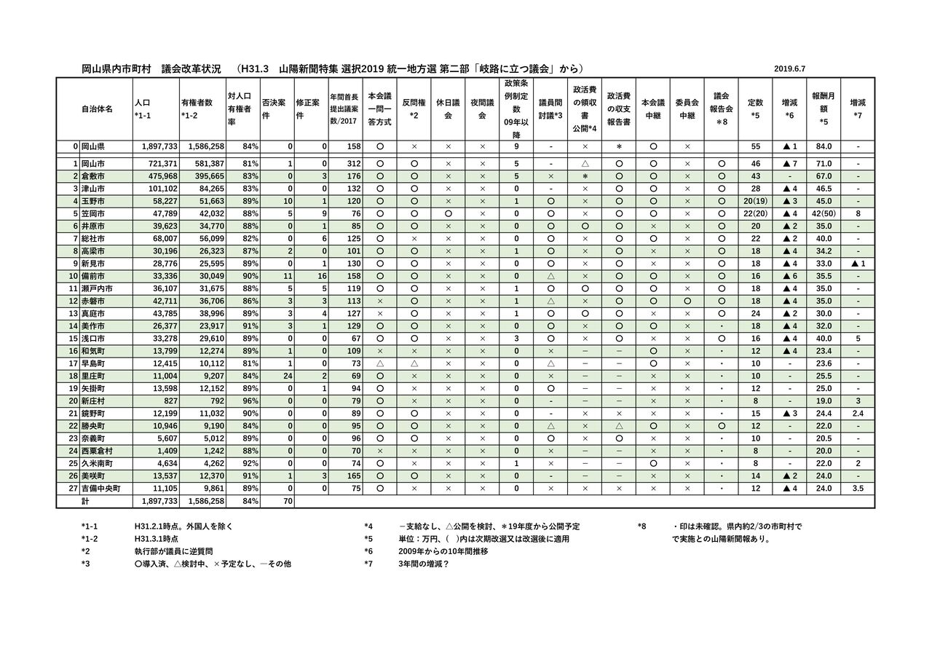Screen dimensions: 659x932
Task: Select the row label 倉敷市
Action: click(x=93, y=176)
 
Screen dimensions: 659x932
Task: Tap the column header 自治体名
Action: click(x=97, y=108)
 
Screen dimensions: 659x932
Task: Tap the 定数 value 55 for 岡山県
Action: click(x=755, y=146)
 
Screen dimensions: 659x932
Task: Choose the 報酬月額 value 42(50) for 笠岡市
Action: click(x=824, y=213)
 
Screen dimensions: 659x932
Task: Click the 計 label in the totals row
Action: click(x=86, y=502)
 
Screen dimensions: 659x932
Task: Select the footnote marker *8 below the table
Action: click(x=641, y=526)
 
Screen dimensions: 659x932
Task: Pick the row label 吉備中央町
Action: click(x=100, y=489)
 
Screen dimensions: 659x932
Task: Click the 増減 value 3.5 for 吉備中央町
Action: click(x=858, y=489)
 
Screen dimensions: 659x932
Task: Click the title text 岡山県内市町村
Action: click(x=116, y=69)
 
